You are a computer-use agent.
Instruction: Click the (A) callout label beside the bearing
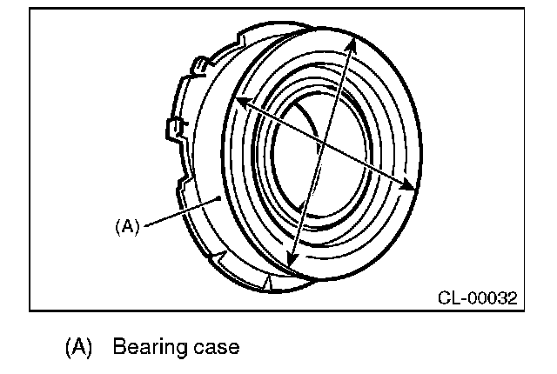pyautogui.click(x=127, y=226)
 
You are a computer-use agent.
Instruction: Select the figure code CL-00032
pyautogui.click(x=477, y=298)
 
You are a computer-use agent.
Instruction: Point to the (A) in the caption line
pyautogui.click(x=79, y=347)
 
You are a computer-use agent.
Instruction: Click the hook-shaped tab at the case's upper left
pyautogui.click(x=199, y=64)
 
